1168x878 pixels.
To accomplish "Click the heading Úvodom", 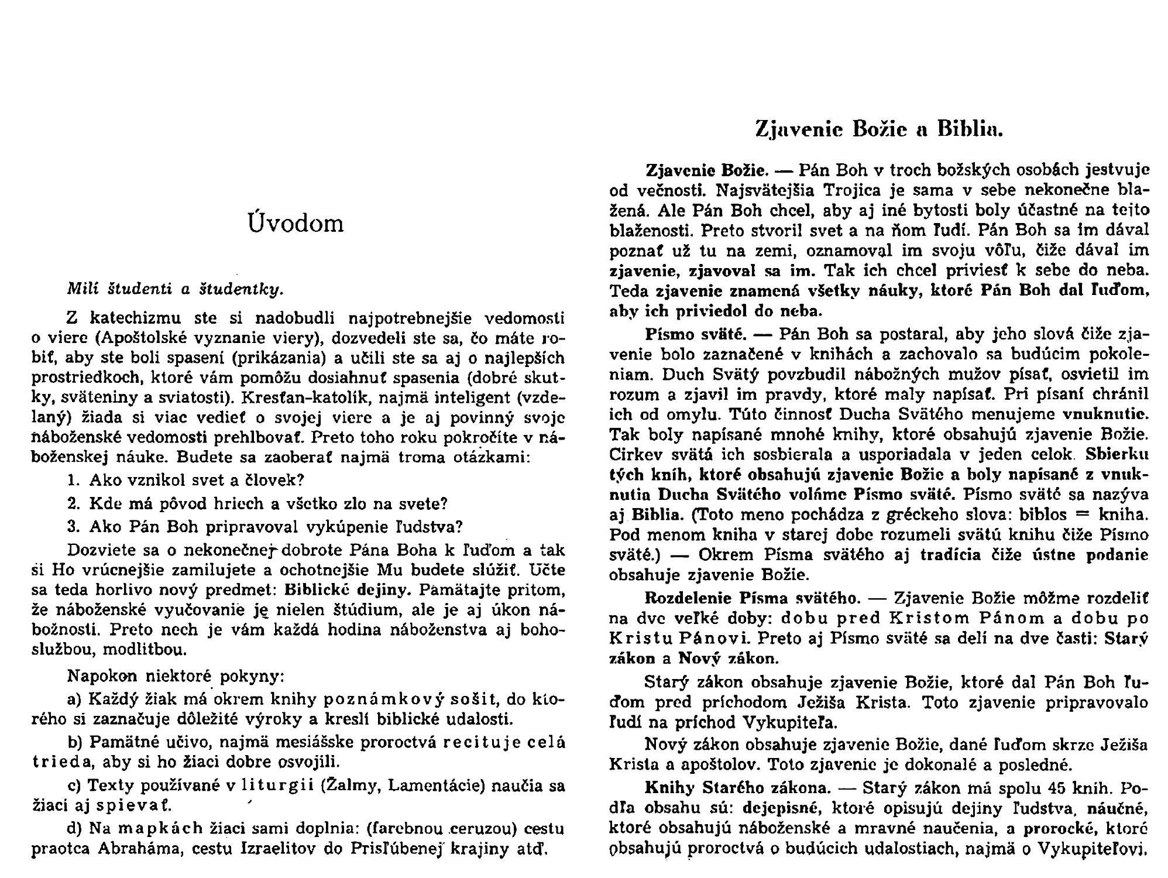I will (296, 224).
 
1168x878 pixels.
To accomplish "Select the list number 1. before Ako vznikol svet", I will (73, 481).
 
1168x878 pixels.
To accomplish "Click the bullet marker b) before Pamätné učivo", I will (75, 743).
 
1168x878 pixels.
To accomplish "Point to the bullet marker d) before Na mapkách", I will (75, 829).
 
